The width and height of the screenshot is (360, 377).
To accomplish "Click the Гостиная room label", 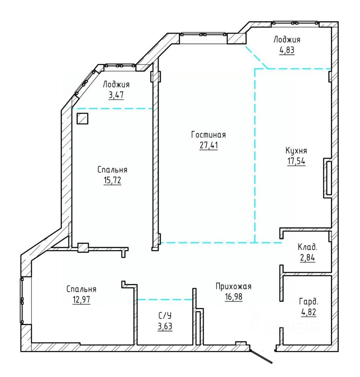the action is pos(208,135).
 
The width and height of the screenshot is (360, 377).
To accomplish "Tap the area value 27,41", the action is pos(209,145).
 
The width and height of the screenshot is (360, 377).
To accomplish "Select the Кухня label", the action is pos(296,151).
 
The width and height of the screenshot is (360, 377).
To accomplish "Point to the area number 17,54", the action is pos(296,161).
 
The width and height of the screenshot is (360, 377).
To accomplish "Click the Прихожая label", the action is pos(233,286).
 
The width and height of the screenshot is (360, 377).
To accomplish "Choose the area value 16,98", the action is pos(233,297).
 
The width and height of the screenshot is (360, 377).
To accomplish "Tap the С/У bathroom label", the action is pos(165,316).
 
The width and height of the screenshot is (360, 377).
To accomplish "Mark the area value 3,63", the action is pos(165,326).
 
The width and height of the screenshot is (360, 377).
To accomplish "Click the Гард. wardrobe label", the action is pos(309,302).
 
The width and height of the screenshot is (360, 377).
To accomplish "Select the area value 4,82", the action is pos(309,312).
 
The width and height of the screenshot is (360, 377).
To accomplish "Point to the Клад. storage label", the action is pos(308,247).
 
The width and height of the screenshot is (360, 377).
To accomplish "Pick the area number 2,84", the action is pos(308,258).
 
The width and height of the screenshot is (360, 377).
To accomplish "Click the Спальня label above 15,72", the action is pos(112,170).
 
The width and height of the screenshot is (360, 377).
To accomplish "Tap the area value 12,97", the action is pos(81,300).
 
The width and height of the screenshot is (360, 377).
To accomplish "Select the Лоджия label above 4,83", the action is pos(287,39).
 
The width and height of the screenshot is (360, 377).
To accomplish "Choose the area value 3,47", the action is pos(116,95).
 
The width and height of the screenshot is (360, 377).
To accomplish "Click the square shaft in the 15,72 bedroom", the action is pos(83,119).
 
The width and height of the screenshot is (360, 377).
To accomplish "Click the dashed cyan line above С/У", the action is pos(165,300).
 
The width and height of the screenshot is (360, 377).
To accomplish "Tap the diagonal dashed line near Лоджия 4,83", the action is pos(257,57).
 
